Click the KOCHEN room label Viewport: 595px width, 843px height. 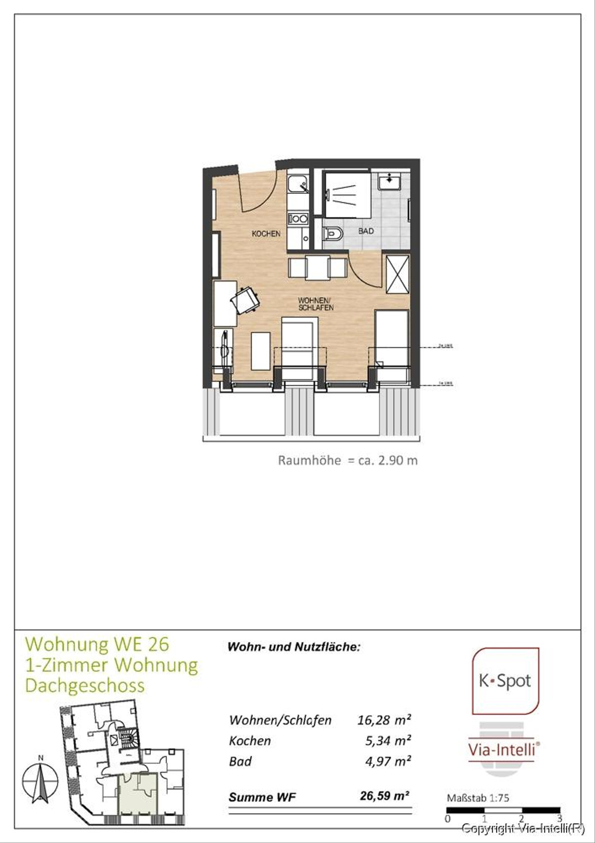click(x=266, y=234)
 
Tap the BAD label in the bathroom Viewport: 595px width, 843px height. click(x=366, y=231)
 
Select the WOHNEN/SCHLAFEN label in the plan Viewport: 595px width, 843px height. click(x=315, y=304)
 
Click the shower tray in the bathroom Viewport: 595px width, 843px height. click(x=347, y=194)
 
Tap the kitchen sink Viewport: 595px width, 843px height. click(x=298, y=184)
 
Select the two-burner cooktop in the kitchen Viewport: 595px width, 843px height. click(x=298, y=218)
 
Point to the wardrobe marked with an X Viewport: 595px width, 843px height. click(x=398, y=274)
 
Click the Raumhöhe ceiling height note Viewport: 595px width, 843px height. click(x=348, y=460)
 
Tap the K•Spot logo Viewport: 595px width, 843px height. click(x=505, y=681)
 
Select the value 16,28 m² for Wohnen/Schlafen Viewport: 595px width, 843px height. click(x=384, y=720)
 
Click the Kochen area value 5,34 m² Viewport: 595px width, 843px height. click(x=388, y=740)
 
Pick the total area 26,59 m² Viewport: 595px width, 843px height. click(x=384, y=796)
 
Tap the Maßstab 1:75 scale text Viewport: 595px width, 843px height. click(x=477, y=798)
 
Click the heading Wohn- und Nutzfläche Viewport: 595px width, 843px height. click(x=294, y=647)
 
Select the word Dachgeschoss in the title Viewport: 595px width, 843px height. click(x=85, y=685)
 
